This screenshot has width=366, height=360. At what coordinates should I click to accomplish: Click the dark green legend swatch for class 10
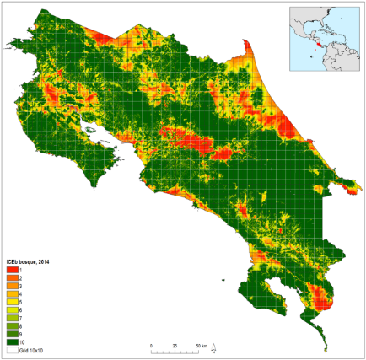pos(12,341)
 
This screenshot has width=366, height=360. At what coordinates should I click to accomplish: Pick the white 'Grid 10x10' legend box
pos(12,350)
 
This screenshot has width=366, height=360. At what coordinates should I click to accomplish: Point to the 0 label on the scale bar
pos(151,346)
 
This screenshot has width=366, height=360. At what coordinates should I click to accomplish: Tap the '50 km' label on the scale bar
pos(202,346)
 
